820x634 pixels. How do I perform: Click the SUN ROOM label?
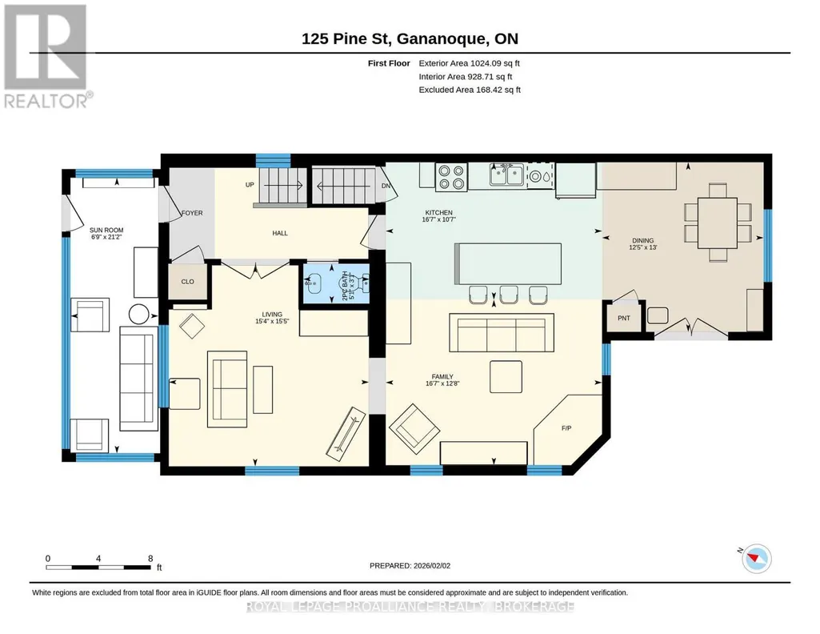pos(106,231)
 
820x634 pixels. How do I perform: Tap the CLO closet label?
pos(188,282)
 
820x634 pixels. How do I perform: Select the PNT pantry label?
pos(624,318)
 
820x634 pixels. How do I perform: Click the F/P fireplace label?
pos(566,428)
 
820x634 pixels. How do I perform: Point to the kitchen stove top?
pos(452,177)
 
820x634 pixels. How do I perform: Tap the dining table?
pos(717,223)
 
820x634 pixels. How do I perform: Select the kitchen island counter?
pos(508,263)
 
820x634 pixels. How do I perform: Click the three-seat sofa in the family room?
pos(502,333)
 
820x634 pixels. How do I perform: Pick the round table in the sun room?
pos(139,315)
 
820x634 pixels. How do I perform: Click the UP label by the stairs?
pos(250,185)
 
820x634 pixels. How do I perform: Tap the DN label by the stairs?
pos(386,186)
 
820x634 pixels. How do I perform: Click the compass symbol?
pos(756,559)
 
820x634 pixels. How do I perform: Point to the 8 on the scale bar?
pos(150,558)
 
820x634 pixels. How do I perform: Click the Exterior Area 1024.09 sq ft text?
pos(469,63)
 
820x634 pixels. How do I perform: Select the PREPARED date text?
pos(410,565)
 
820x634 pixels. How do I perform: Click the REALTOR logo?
pos(46,56)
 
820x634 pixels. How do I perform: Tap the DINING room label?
pos(642,241)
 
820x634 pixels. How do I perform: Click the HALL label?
pos(280,233)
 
